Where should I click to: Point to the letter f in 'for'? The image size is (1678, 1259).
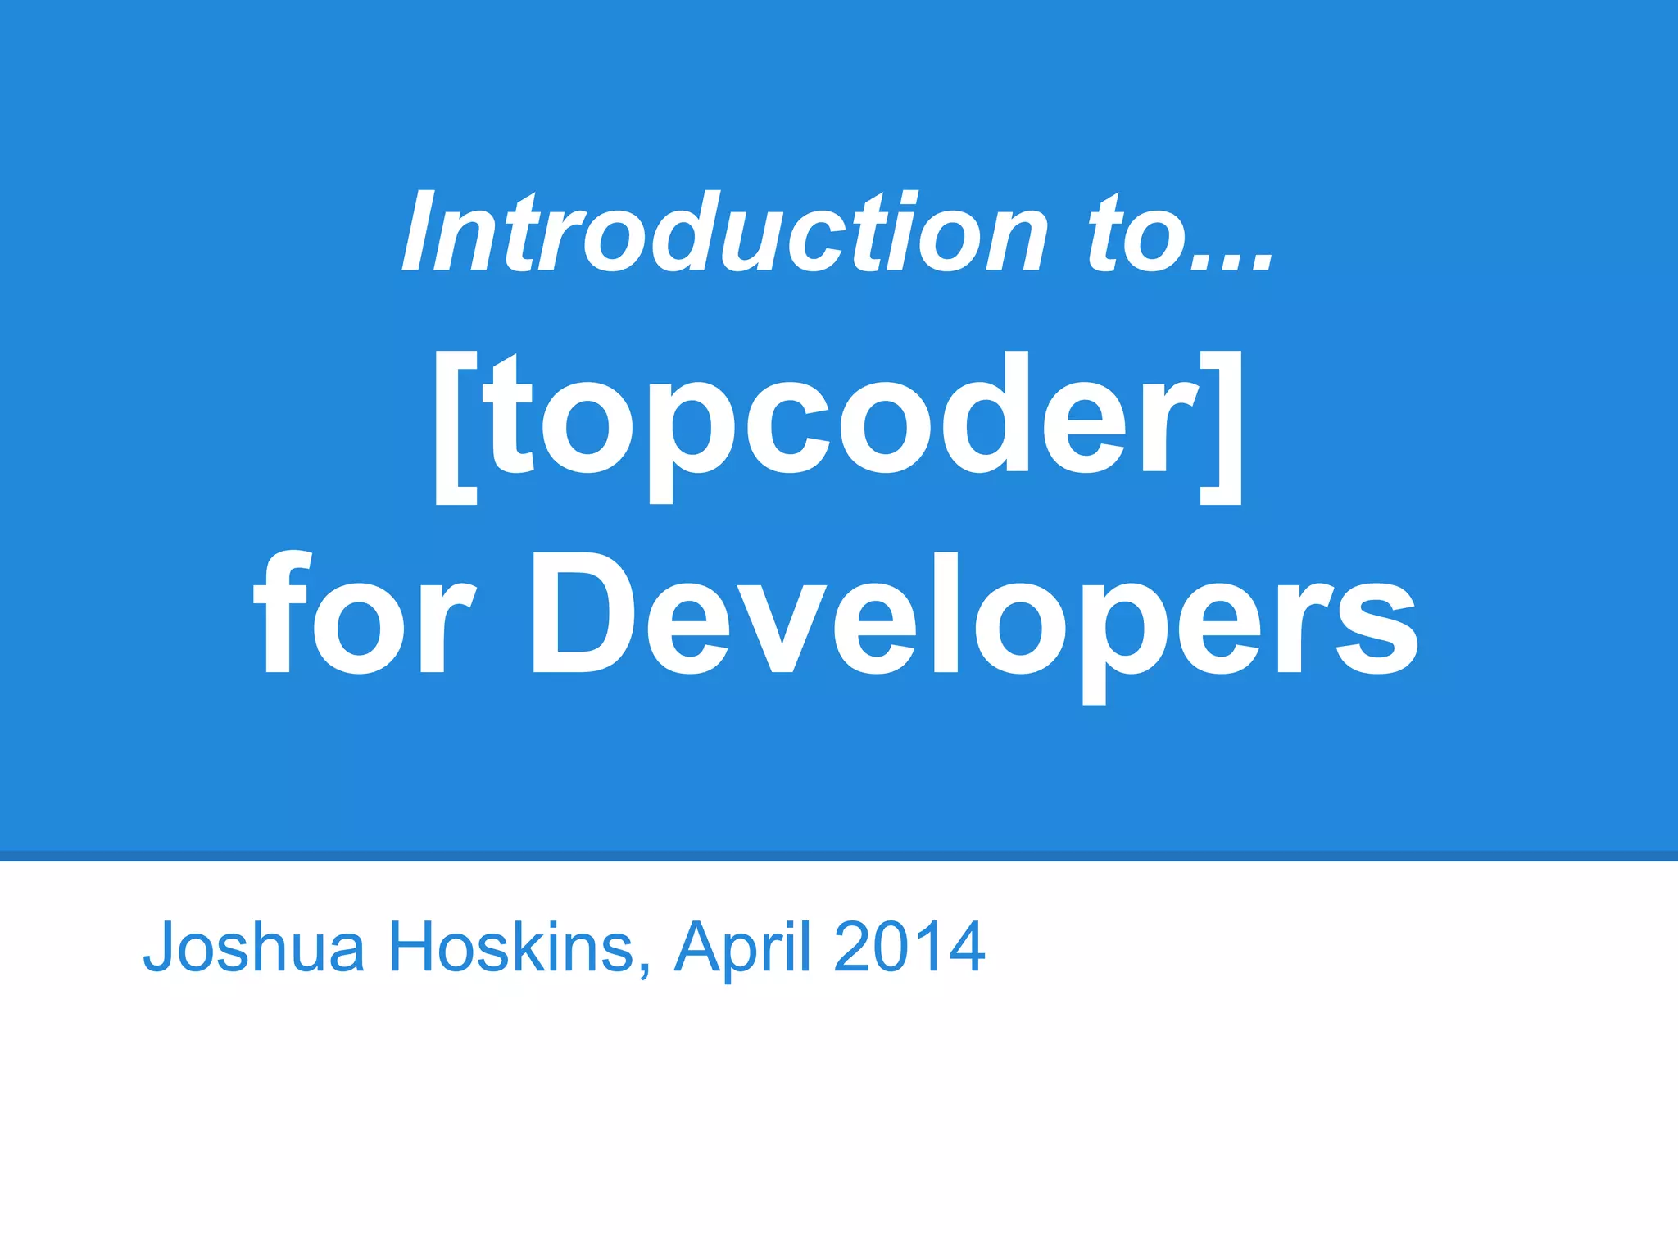coord(283,611)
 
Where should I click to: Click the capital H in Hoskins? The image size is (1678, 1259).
coord(415,948)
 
